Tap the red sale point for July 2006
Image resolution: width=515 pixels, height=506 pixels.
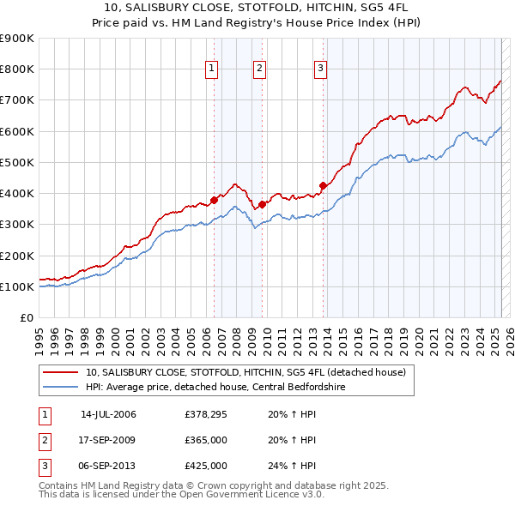pyautogui.click(x=214, y=200)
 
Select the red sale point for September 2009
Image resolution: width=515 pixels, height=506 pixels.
pyautogui.click(x=262, y=204)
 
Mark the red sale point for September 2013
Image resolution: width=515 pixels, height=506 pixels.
pyautogui.click(x=322, y=185)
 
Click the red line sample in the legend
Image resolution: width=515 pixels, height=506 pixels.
pyautogui.click(x=61, y=372)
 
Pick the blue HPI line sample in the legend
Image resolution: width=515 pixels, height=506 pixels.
pyautogui.click(x=61, y=387)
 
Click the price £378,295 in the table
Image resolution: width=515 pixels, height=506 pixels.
pyautogui.click(x=205, y=414)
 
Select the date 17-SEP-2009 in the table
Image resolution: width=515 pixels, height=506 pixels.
pyautogui.click(x=108, y=440)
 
